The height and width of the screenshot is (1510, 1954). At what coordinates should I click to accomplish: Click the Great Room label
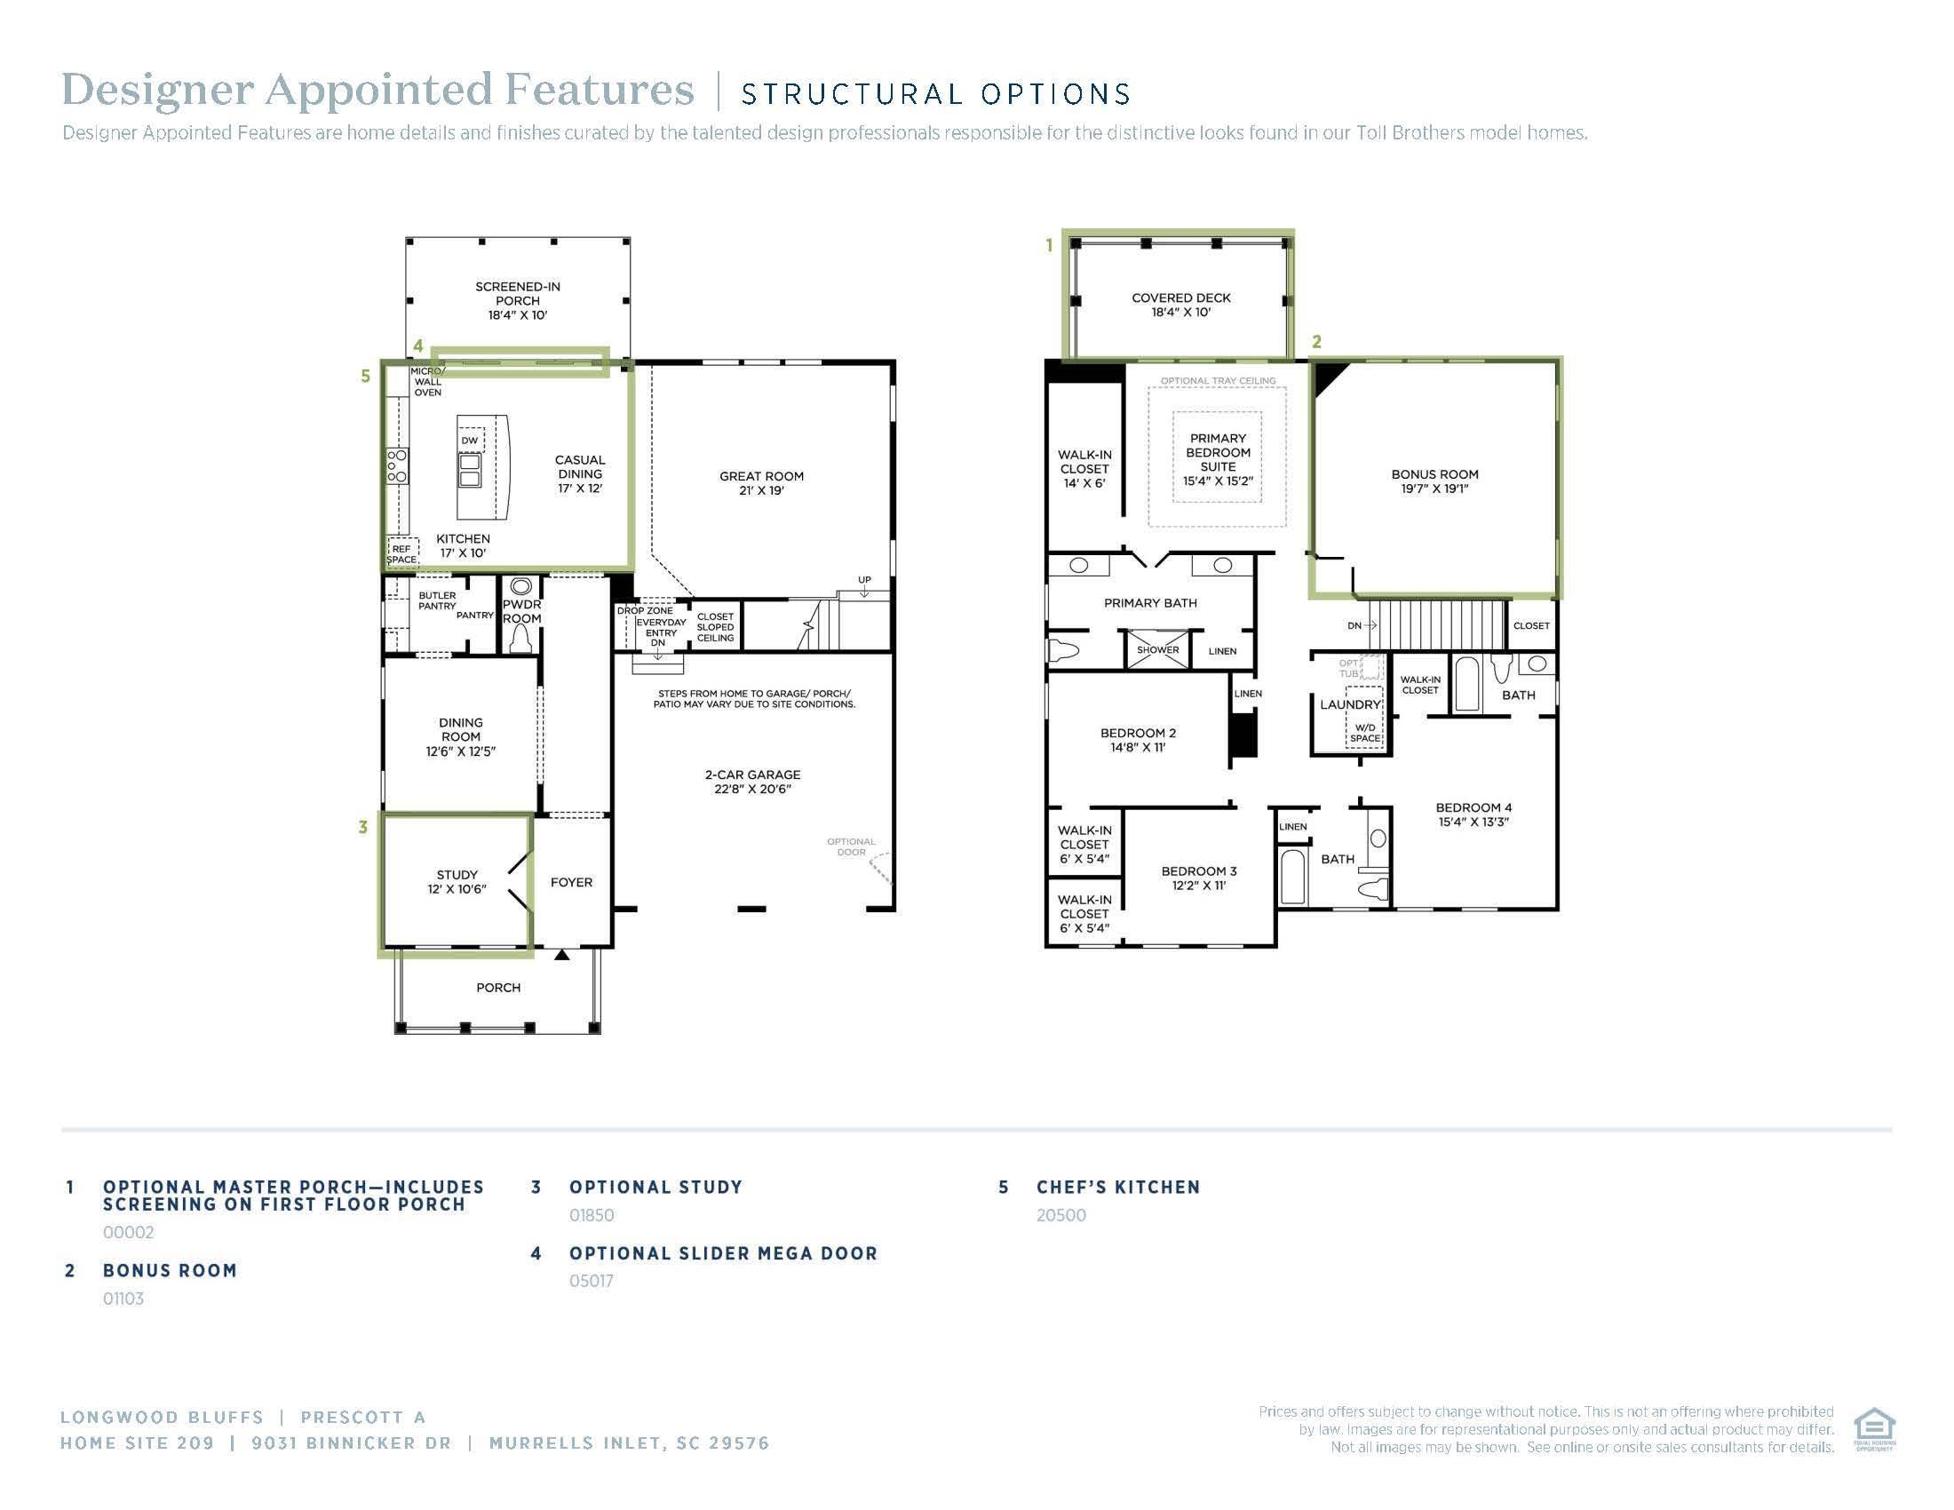click(x=761, y=483)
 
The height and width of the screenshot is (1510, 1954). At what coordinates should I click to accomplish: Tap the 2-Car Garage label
click(x=752, y=782)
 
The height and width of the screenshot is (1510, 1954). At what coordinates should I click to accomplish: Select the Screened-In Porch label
click(x=518, y=300)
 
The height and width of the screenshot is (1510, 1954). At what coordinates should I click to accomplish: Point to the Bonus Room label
click(x=1435, y=481)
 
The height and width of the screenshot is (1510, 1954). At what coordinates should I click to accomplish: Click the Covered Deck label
click(x=1181, y=305)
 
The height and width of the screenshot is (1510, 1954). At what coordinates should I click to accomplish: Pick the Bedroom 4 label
click(x=1473, y=814)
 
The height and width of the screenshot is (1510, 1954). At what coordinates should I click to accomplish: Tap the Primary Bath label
click(x=1150, y=603)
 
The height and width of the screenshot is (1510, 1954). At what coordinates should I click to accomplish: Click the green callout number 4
click(x=417, y=346)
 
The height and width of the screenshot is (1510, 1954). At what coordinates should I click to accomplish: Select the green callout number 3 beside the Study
click(x=362, y=828)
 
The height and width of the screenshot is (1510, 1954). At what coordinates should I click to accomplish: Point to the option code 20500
click(x=1061, y=1215)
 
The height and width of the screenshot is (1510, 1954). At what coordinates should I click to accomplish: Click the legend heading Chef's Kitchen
click(x=1118, y=1187)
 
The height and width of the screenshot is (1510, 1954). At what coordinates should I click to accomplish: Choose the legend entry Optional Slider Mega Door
click(x=724, y=1253)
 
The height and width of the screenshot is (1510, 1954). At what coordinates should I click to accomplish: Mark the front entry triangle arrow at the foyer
click(x=561, y=956)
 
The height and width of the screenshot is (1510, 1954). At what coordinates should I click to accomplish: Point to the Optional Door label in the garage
click(x=851, y=846)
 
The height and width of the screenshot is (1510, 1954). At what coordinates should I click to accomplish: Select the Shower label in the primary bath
click(x=1157, y=650)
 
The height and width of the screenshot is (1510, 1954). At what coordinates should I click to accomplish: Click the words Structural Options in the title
click(x=936, y=94)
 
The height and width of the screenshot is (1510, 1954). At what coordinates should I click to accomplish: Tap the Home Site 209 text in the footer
click(x=137, y=1442)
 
